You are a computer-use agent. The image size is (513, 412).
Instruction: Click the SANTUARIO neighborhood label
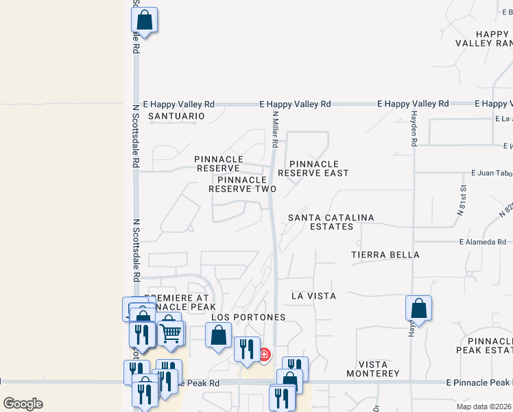pos(177,116)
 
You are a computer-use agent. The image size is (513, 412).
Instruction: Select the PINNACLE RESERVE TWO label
pos(242,184)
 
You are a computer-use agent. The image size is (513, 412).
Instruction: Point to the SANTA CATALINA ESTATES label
pos(331,222)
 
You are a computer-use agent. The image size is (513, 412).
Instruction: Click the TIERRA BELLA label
pos(385,255)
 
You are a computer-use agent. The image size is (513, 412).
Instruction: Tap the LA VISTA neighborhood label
pos(313,296)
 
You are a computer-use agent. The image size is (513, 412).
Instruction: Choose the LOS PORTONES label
pos(248,317)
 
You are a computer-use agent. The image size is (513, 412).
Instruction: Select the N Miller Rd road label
pos(274,130)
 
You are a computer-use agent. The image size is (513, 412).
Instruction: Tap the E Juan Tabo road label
pos(491,173)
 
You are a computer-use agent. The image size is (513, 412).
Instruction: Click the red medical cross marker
pos(264,354)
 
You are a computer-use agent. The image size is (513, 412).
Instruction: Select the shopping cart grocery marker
pos(171,334)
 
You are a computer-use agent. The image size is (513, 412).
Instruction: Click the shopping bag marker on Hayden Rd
pos(418,308)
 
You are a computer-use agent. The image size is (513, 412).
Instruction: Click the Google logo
pos(23,404)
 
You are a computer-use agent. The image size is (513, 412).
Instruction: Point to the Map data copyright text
pos(484,407)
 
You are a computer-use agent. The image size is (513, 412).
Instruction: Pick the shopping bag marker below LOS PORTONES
pos(219,336)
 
